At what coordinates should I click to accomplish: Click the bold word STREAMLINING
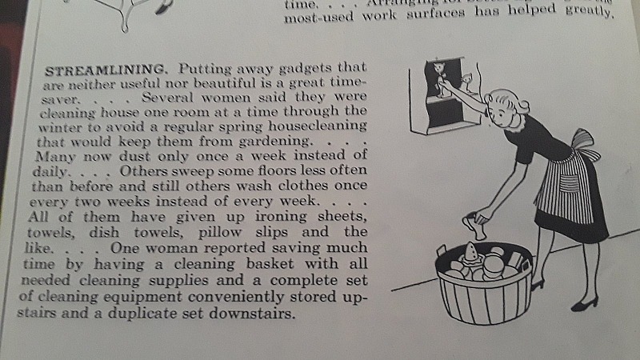point(106,70)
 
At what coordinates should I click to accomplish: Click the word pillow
point(219,232)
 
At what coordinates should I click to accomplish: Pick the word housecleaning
point(317,126)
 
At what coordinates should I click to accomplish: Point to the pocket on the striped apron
point(569,183)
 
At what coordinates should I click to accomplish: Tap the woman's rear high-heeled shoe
point(585,304)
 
